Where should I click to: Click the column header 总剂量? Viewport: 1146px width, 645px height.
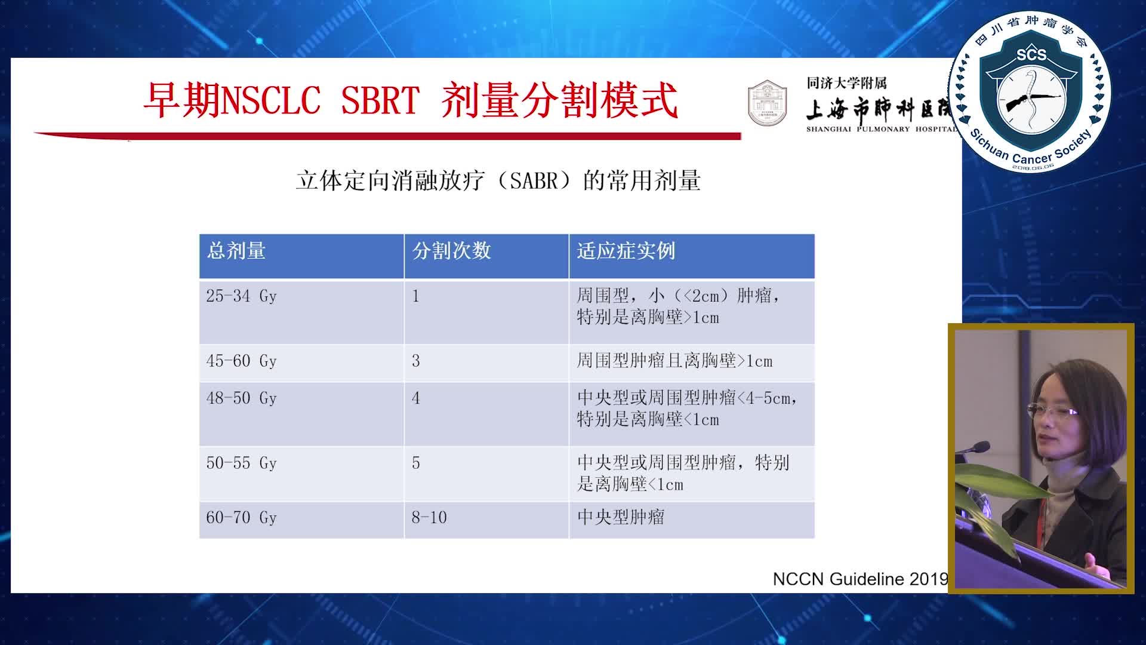pos(236,251)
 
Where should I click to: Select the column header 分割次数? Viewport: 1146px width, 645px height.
pos(451,251)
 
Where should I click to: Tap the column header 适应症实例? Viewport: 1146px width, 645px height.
pos(626,251)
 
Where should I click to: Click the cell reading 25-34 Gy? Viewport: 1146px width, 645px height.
pos(241,296)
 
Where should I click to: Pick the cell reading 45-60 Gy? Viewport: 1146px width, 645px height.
pos(241,361)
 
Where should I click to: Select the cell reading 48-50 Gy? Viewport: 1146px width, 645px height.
pos(241,398)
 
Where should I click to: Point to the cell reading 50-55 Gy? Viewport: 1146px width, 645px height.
pos(241,463)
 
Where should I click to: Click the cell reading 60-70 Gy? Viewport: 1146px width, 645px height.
pos(241,518)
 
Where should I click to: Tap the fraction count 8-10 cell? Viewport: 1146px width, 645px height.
pos(429,518)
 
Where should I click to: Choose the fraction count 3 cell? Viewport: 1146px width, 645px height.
pos(416,361)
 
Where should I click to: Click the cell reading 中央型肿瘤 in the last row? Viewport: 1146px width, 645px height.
pos(621,517)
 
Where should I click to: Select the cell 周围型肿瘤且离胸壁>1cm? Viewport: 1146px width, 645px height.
pos(674,361)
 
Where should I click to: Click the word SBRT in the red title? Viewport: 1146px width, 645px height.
pos(380,100)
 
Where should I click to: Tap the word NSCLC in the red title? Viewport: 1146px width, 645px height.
pos(270,100)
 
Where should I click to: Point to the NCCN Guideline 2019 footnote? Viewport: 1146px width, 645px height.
pos(860,579)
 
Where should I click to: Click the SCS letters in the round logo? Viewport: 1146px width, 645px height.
pos(1031,55)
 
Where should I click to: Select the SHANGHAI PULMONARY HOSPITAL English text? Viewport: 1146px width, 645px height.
pos(881,129)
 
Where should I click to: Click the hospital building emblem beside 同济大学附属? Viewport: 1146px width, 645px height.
pos(767,103)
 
